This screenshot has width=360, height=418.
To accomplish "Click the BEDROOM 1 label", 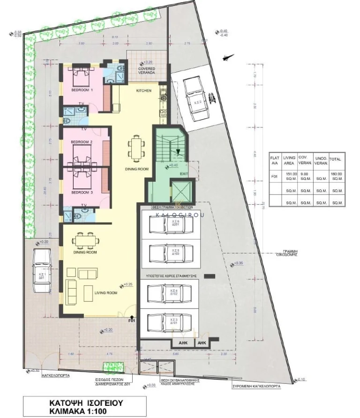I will (82, 90).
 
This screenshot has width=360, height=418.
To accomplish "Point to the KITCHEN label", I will (143, 90).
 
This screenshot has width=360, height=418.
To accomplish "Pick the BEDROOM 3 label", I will (82, 193).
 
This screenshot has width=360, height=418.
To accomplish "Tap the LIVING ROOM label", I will (105, 293).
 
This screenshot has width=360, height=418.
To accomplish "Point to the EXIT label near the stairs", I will (184, 173).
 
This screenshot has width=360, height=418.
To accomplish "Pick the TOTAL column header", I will (335, 159).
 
